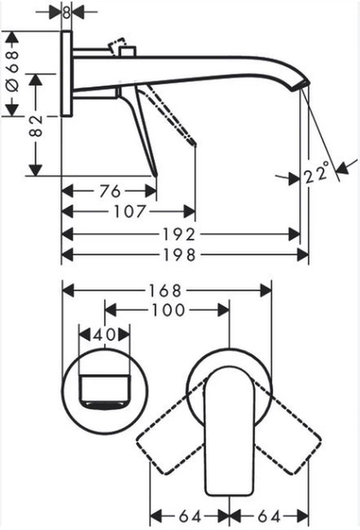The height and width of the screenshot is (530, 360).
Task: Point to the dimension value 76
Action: click(107, 189)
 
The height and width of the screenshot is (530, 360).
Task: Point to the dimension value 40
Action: click(104, 335)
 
